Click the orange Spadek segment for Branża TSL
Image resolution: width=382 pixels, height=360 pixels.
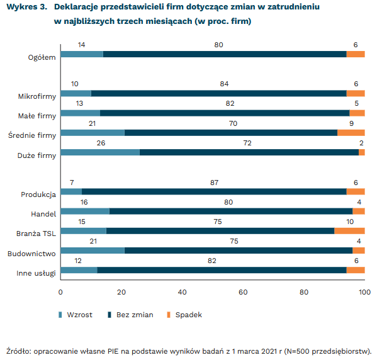click(349, 230)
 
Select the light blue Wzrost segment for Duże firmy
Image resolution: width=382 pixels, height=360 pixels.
click(99, 152)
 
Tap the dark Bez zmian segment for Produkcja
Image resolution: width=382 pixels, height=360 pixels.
click(214, 191)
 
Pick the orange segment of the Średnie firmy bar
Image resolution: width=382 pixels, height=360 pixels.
click(351, 133)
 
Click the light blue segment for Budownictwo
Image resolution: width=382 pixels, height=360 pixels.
click(92, 250)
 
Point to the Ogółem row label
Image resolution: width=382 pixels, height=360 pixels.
click(42, 57)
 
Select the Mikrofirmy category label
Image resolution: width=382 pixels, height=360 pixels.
click(37, 96)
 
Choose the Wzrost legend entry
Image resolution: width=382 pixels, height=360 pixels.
click(79, 315)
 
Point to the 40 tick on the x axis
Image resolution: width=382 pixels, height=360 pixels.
click(183, 293)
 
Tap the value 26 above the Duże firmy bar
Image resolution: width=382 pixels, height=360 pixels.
click(99, 143)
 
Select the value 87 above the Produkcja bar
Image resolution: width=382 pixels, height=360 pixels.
click(214, 182)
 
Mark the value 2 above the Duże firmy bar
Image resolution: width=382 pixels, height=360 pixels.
click(361, 143)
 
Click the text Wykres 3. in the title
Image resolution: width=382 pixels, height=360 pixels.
click(25, 8)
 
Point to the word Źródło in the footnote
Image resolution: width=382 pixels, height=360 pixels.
click(18, 351)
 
